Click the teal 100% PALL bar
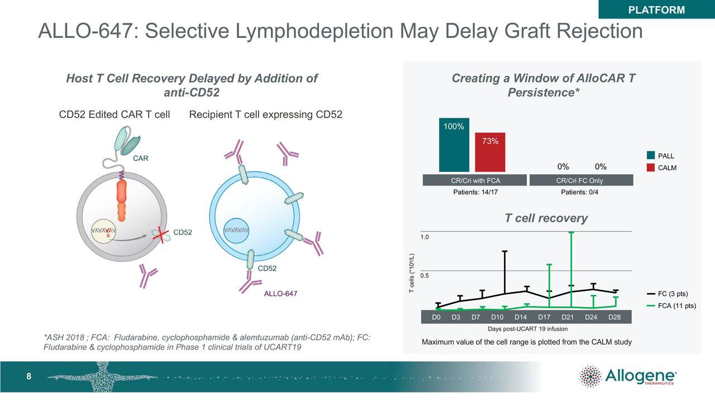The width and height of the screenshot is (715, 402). point(454,145)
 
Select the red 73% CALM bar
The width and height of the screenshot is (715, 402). point(490,152)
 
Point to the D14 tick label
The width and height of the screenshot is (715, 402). point(521,317)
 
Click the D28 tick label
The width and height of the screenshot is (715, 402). point(614,317)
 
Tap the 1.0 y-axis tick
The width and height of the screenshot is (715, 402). point(425,237)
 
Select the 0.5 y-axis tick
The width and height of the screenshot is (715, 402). point(425,276)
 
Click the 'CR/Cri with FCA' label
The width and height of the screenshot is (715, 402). point(475,180)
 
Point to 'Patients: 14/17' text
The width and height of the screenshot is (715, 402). point(475,192)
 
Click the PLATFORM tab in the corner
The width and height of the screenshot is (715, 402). point(656,9)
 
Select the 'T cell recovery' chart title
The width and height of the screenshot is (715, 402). point(546,218)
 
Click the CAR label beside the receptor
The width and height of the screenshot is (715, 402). point(140,159)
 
